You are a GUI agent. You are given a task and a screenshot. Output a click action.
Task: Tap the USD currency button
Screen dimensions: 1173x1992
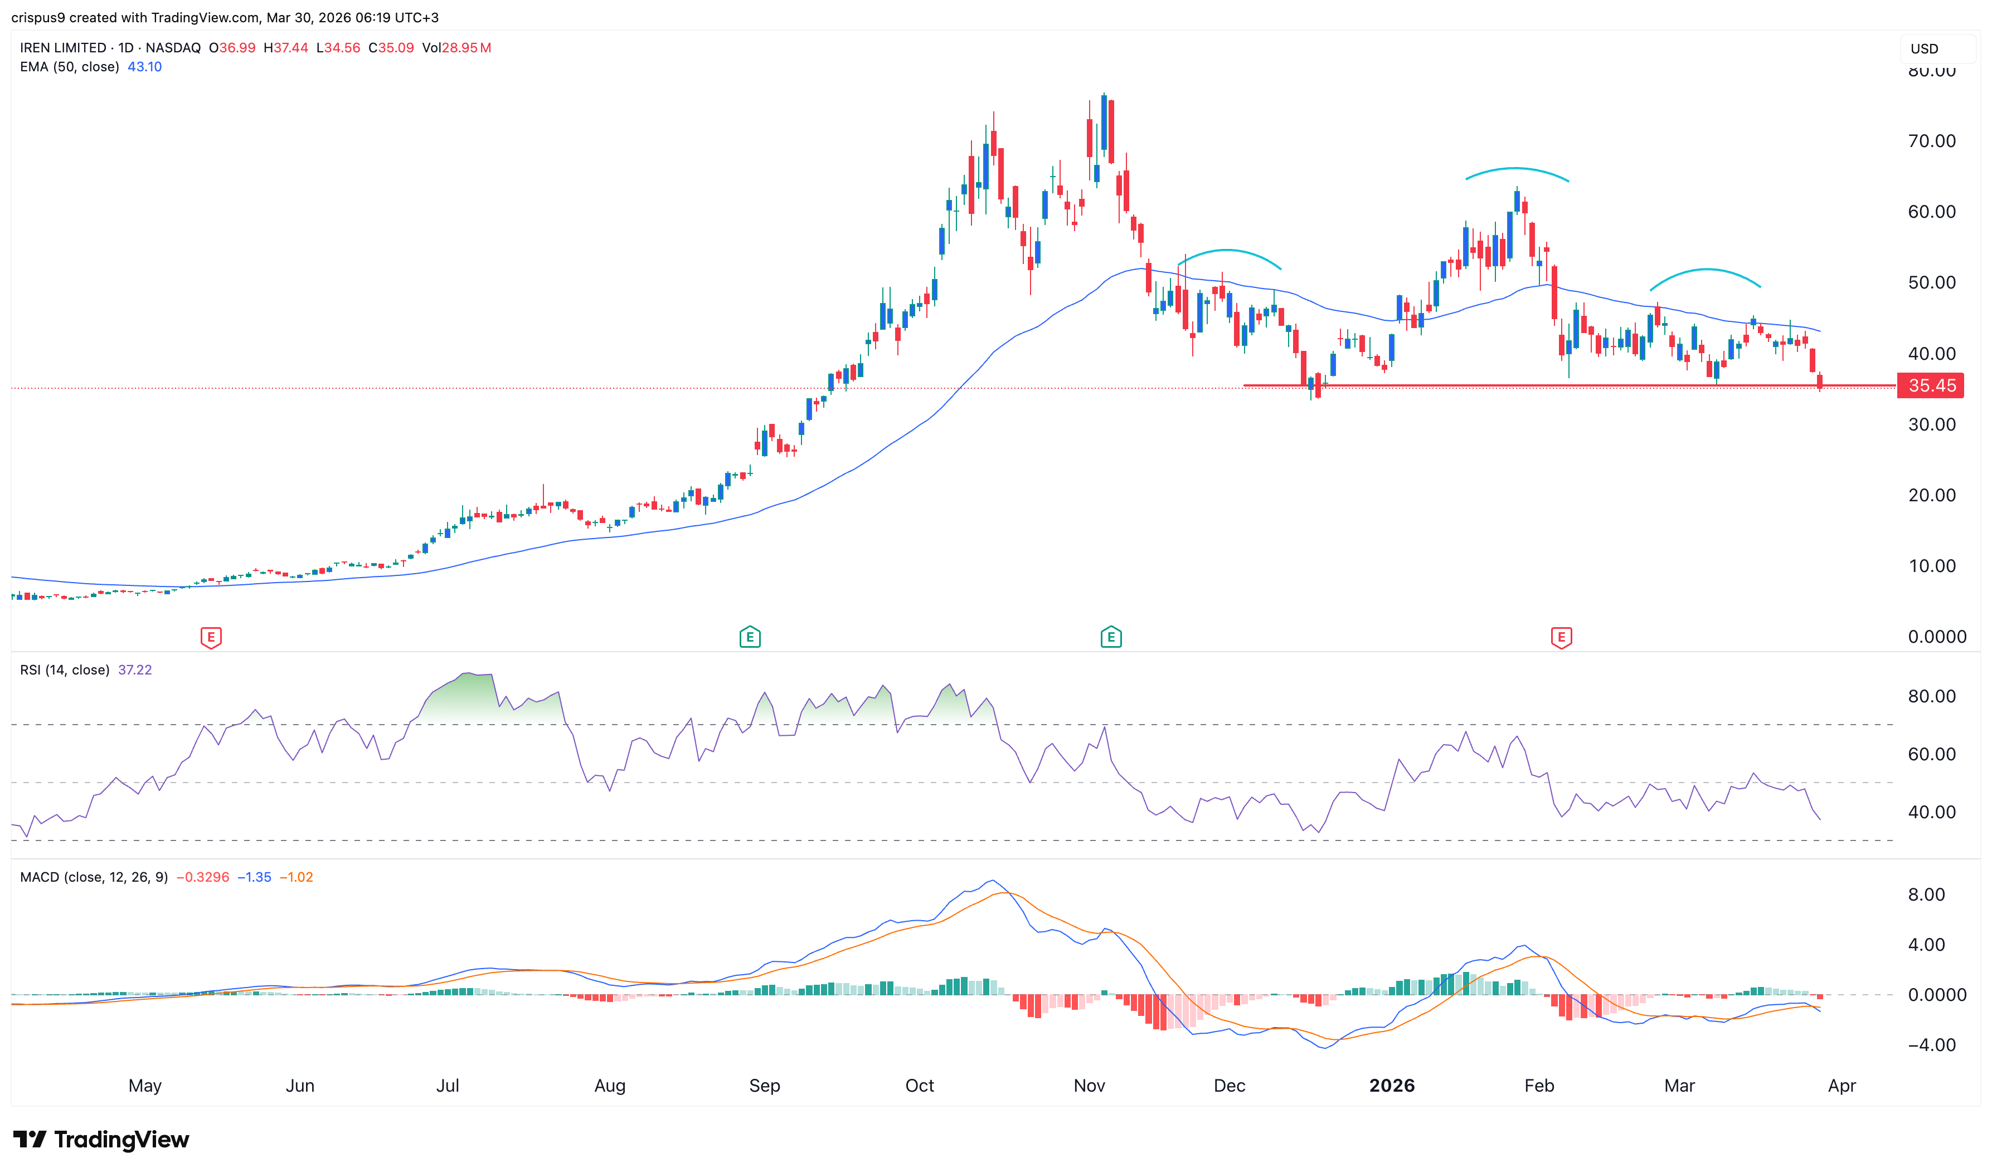pos(1925,49)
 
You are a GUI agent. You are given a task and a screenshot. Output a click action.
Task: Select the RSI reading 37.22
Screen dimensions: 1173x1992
pos(134,670)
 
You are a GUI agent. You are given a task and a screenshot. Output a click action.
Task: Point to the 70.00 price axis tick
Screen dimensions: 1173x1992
pos(1931,141)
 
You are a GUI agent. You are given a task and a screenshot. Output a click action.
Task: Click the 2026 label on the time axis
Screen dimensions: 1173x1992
pos(1392,1085)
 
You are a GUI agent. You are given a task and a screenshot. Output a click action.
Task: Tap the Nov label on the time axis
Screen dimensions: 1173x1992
pos(1089,1085)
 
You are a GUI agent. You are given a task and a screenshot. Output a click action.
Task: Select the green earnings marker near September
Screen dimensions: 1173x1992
pos(750,637)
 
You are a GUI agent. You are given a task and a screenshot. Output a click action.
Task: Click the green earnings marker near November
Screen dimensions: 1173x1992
pos(1111,637)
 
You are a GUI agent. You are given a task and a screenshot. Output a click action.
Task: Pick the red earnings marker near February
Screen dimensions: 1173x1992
pos(1561,637)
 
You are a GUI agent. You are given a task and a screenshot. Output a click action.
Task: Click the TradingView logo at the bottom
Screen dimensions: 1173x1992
pos(101,1139)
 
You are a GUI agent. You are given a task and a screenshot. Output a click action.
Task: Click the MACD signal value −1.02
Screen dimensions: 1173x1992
pos(297,877)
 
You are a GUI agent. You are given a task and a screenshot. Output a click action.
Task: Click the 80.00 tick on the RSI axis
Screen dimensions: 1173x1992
pos(1931,696)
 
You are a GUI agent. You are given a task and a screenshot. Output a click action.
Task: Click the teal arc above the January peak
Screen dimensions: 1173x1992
pos(1516,169)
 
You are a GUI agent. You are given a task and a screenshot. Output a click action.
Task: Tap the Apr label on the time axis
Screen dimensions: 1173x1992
pos(1842,1085)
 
